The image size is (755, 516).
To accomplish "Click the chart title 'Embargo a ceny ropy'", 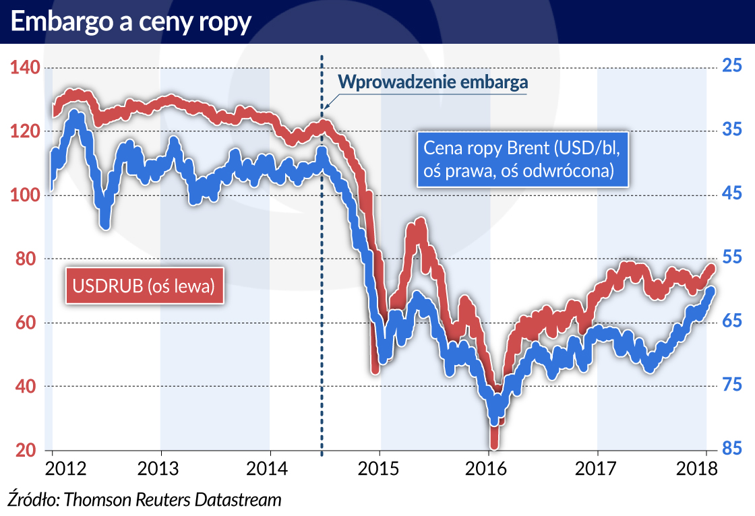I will [131, 22].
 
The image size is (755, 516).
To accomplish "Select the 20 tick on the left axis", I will [26, 450].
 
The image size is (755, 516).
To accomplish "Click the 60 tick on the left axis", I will [26, 323].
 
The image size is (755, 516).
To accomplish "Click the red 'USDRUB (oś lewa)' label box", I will [144, 286].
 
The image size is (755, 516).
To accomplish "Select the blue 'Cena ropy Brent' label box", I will [521, 158].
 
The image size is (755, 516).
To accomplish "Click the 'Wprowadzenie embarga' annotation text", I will [432, 83].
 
